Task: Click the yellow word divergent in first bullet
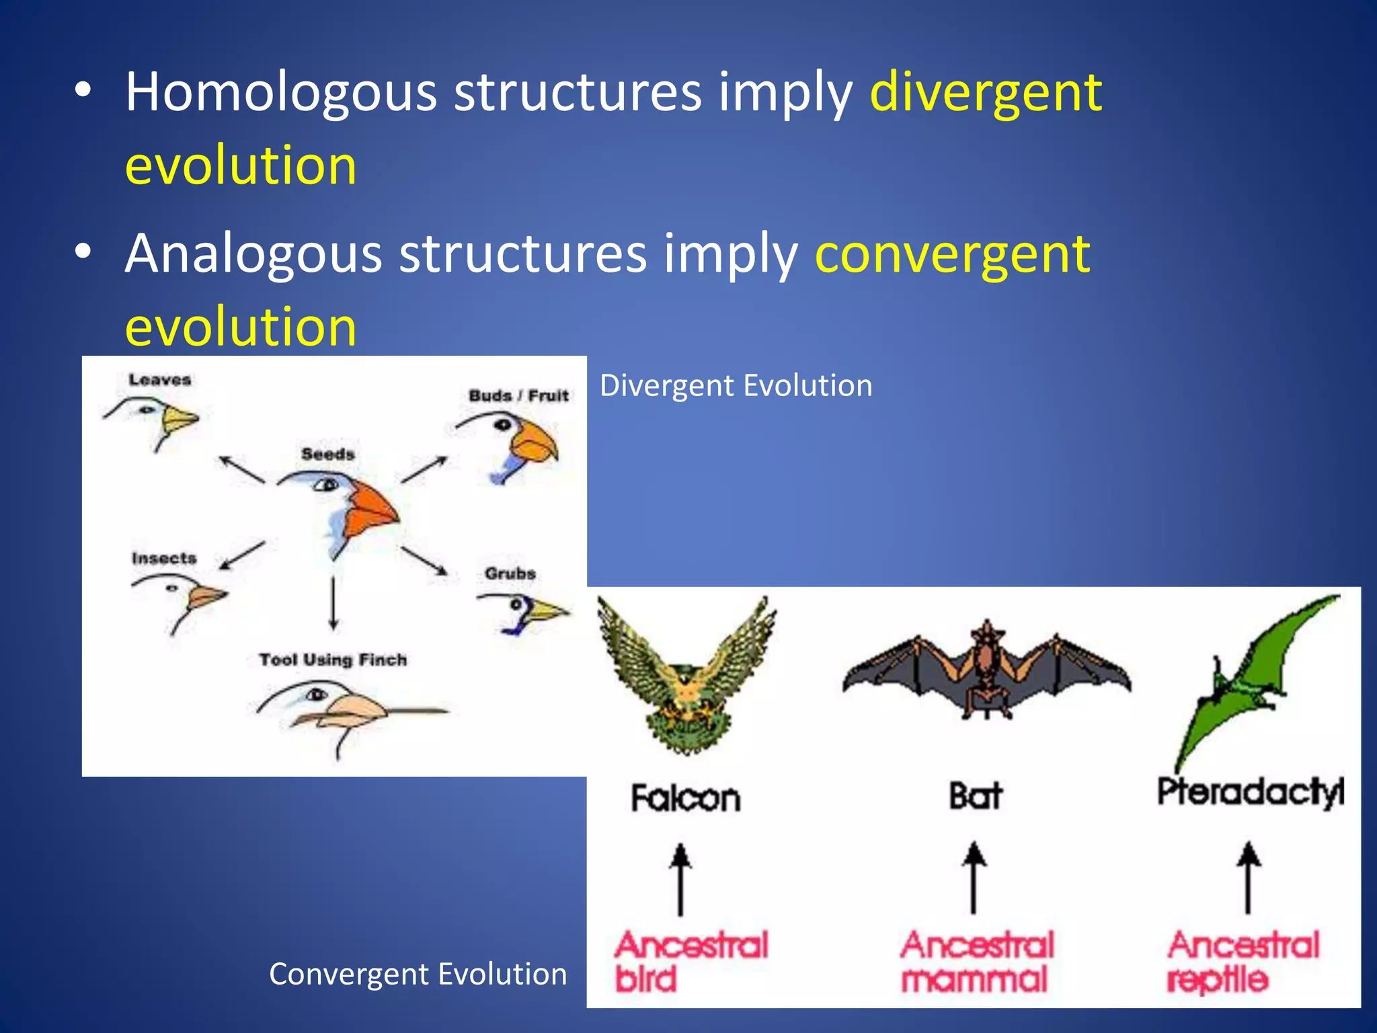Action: [x=986, y=93]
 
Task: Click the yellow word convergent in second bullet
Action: [x=952, y=254]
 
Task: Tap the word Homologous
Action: [x=281, y=93]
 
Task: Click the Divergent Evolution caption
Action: [x=736, y=386]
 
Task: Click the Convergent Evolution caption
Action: [x=418, y=974]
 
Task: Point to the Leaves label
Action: [x=160, y=380]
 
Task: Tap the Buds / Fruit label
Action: [x=518, y=395]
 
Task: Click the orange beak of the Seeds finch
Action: [x=370, y=510]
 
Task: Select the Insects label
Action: [x=164, y=558]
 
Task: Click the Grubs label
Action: [x=510, y=574]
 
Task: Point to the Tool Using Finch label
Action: [x=333, y=660]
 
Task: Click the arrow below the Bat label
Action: [x=974, y=877]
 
